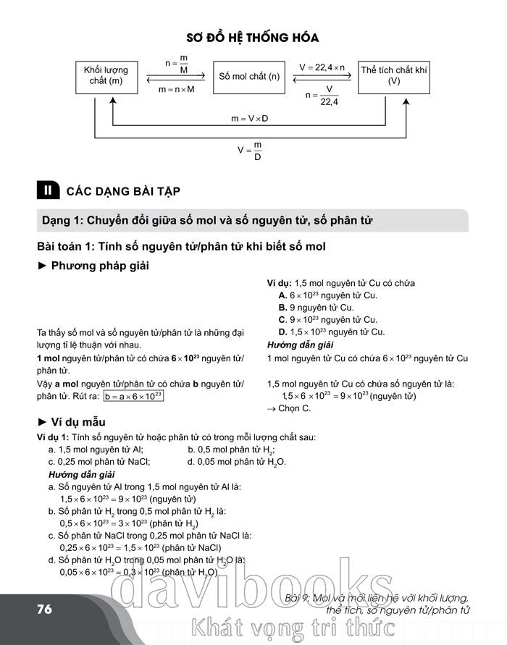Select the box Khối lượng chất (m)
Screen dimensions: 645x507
[x=106, y=76]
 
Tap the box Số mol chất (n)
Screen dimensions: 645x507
[x=249, y=76]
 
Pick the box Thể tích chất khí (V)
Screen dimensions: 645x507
[x=393, y=76]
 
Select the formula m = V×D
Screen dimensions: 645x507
[x=249, y=118]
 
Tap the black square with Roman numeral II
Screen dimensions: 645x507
[x=49, y=191]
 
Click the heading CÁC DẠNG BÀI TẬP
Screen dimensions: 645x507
[x=122, y=192]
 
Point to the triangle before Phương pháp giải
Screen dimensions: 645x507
[x=42, y=266]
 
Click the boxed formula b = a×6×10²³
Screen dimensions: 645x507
[x=133, y=396]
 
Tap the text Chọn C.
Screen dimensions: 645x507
[x=289, y=408]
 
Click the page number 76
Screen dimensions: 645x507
[x=45, y=609]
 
